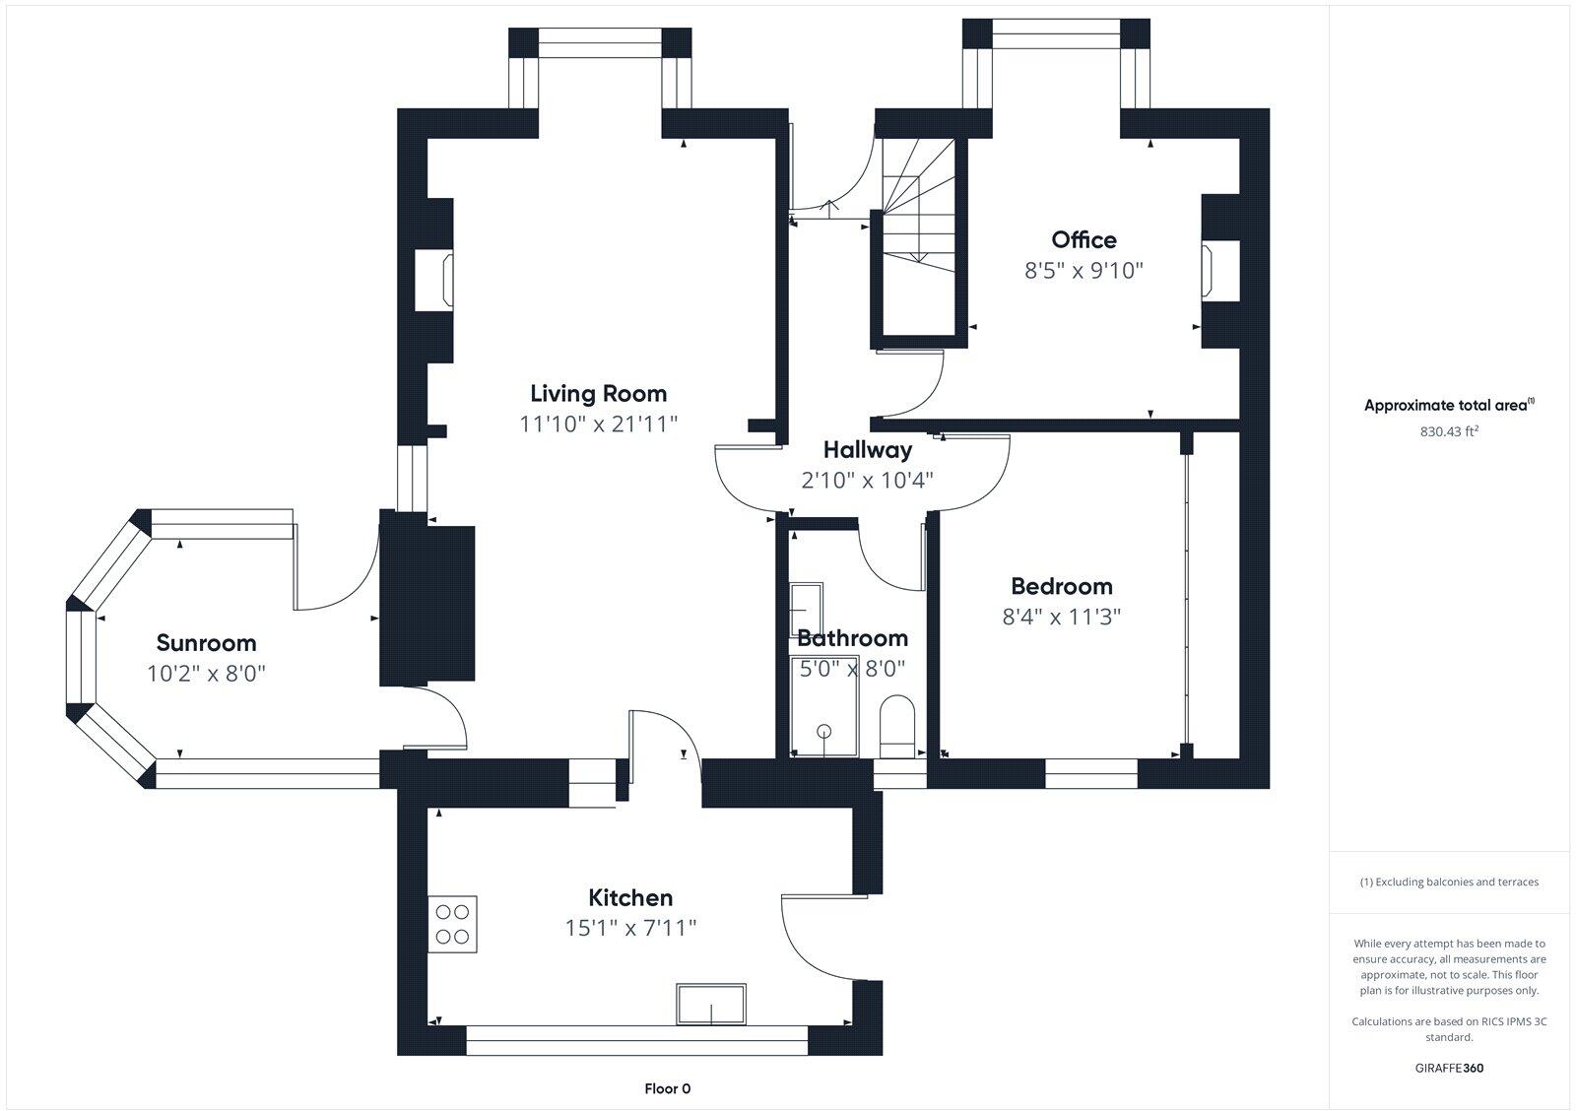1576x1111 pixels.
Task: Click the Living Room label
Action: [x=598, y=394]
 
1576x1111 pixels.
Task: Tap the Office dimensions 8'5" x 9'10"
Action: [x=1083, y=271]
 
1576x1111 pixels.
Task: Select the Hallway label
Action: [x=868, y=450]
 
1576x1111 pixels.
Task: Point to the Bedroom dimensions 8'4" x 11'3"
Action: [x=1062, y=618]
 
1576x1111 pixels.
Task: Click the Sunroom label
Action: [x=206, y=643]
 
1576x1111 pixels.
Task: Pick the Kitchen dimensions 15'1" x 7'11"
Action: [x=630, y=928]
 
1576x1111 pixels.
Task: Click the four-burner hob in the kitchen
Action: [x=452, y=923]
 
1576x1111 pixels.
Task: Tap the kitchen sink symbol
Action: [x=711, y=1005]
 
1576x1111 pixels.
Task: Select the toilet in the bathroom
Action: [x=896, y=725]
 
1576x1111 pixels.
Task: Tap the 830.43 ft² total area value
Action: [x=1449, y=430]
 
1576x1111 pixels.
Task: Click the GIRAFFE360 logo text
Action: [x=1449, y=1068]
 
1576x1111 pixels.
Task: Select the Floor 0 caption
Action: [x=667, y=1088]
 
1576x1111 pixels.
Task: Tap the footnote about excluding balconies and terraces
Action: [x=1449, y=882]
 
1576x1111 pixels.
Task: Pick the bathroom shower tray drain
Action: [x=823, y=731]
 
